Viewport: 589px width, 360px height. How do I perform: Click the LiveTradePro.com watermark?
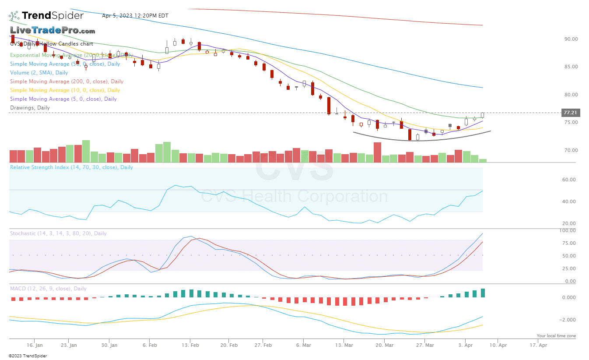pos(53,31)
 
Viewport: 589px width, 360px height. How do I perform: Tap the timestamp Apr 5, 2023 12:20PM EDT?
pos(135,16)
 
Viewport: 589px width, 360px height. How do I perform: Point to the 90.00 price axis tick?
pos(571,39)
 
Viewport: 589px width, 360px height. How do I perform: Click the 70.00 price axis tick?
pos(571,150)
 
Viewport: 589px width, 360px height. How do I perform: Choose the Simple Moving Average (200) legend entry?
pos(67,81)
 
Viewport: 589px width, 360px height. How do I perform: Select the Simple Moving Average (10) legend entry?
pos(65,90)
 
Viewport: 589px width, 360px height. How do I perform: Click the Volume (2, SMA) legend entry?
pos(39,73)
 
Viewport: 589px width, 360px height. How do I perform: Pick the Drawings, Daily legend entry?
pos(30,108)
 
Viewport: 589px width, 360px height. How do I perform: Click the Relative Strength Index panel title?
pos(71,167)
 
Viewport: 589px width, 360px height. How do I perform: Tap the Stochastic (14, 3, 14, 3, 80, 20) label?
pos(58,233)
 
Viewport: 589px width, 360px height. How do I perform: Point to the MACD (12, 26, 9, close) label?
pos(48,289)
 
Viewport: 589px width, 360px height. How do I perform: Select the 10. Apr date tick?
pos(498,345)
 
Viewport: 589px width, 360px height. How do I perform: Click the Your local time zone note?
pos(556,336)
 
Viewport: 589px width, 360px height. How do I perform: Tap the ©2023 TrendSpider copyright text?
pos(28,356)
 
